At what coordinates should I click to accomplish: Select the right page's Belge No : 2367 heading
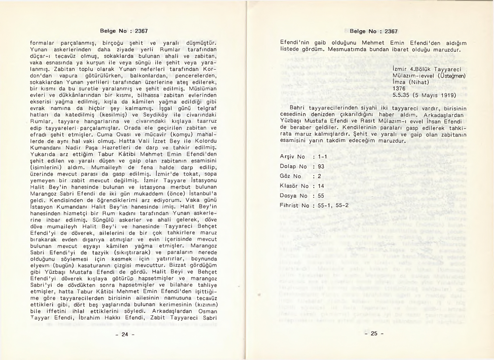pyautogui.click(x=373, y=31)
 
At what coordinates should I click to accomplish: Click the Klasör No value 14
pyautogui.click(x=321, y=186)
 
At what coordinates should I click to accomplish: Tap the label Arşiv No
pyautogui.click(x=292, y=157)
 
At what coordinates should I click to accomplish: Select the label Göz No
pyautogui.click(x=290, y=176)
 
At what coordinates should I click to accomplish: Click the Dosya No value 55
pyautogui.click(x=321, y=195)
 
